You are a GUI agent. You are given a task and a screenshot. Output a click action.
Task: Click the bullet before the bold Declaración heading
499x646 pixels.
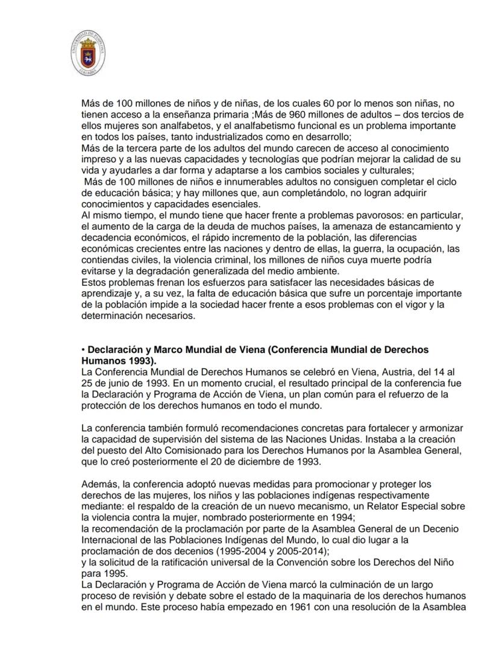84,349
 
